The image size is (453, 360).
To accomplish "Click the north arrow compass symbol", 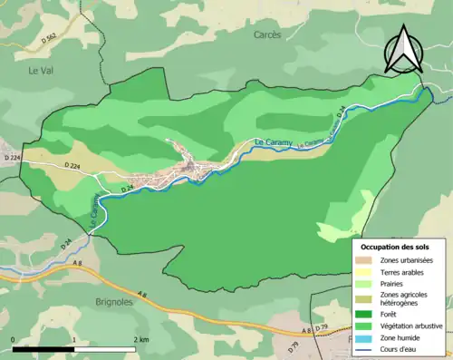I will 404,50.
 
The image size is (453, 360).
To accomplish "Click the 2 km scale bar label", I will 140,339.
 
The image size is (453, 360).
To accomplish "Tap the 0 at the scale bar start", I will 13,339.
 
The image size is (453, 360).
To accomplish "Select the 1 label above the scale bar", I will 73,339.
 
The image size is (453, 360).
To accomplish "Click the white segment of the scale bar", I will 103,348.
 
